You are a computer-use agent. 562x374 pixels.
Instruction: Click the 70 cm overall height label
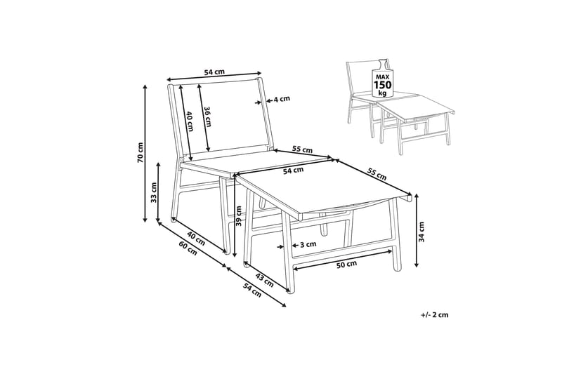tap(140, 152)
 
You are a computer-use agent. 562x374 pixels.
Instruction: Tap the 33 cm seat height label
tap(154, 193)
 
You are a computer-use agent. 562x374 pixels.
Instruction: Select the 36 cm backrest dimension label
tap(207, 117)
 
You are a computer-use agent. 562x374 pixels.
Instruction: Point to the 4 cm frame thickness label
tap(282, 99)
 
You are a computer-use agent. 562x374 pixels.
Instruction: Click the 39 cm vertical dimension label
tap(239, 216)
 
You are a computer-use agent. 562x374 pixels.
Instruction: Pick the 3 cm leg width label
tap(308, 245)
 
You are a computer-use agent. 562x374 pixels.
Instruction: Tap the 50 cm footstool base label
tap(346, 265)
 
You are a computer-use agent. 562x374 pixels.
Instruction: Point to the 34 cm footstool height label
tap(421, 232)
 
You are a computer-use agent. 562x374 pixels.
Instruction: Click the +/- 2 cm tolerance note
tap(435, 315)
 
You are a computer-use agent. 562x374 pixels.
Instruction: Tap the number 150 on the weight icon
tap(383, 85)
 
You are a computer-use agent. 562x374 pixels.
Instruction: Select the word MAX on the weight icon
tap(382, 77)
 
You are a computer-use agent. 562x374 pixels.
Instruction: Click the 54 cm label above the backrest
tap(214, 72)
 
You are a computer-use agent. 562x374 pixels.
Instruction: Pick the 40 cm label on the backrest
tap(190, 121)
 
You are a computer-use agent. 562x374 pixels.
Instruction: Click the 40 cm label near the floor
tap(196, 239)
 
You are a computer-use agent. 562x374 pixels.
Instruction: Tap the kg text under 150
tap(382, 93)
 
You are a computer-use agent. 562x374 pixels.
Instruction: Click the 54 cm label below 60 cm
tap(252, 290)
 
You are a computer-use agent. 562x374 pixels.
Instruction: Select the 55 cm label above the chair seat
tap(302, 149)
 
